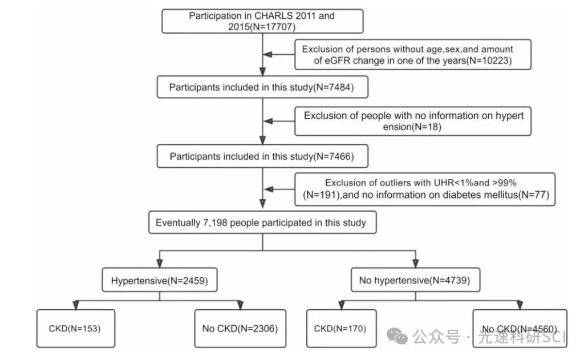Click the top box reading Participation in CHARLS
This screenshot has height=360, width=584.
point(262,21)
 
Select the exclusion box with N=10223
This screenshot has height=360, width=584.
point(413,54)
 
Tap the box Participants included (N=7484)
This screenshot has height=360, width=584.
point(262,87)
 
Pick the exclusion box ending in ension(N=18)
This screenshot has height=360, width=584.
point(413,121)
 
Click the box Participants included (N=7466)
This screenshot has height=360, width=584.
point(262,156)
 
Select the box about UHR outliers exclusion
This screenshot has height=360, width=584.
point(424,189)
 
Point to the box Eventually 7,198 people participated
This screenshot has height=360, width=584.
point(262,223)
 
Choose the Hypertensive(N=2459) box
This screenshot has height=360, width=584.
point(160,280)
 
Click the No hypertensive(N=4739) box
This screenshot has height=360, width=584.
point(415,280)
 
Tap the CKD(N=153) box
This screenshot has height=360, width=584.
point(76,328)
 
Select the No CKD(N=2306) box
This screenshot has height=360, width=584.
point(240,328)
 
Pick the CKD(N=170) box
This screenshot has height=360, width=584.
point(341,328)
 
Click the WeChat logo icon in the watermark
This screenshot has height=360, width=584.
point(397,336)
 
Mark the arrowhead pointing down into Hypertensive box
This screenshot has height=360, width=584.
point(160,264)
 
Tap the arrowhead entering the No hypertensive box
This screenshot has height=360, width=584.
point(415,264)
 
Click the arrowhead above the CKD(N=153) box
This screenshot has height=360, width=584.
point(76,305)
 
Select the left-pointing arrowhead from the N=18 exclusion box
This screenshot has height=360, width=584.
point(268,121)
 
